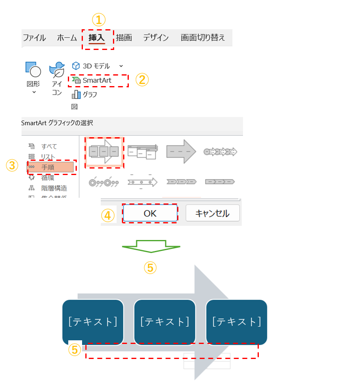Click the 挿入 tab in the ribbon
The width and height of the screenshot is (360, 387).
[97, 38]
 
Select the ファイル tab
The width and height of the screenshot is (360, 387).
[34, 38]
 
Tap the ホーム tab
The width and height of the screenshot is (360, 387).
[67, 38]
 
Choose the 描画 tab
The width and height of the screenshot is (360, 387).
[124, 38]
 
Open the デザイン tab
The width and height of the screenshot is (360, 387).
[156, 38]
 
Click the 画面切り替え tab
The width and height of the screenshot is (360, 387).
[202, 38]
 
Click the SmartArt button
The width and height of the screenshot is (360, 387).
[97, 80]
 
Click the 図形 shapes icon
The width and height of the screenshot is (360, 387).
[33, 70]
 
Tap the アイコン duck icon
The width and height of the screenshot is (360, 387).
[57, 70]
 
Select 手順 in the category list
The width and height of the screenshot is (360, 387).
[48, 167]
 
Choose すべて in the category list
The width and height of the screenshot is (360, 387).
[49, 146]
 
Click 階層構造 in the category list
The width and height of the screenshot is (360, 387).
[54, 188]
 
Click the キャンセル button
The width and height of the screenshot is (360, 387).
[213, 213]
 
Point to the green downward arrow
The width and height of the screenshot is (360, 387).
[150, 246]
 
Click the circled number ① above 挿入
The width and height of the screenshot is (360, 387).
[98, 19]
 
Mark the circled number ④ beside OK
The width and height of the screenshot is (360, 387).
[108, 215]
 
